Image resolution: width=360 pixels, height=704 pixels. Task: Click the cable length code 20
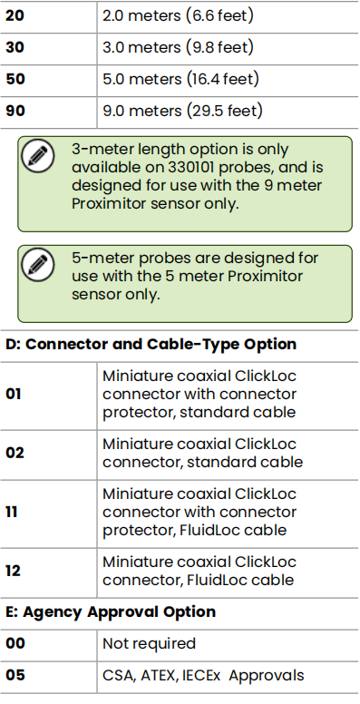click(15, 15)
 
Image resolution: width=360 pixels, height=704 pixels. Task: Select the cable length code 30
click(15, 47)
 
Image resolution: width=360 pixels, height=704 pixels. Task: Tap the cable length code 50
click(15, 79)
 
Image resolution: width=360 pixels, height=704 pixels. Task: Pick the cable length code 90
click(15, 112)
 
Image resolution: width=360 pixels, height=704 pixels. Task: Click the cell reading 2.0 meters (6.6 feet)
click(178, 15)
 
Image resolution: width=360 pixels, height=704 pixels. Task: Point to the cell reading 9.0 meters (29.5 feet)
click(182, 112)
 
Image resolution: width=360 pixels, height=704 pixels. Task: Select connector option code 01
click(15, 395)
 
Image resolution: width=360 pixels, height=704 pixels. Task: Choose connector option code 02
click(15, 452)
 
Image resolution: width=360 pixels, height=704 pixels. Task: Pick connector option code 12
click(15, 572)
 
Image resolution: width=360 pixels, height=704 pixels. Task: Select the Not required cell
click(149, 643)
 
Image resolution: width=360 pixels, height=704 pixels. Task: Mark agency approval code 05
click(15, 675)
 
